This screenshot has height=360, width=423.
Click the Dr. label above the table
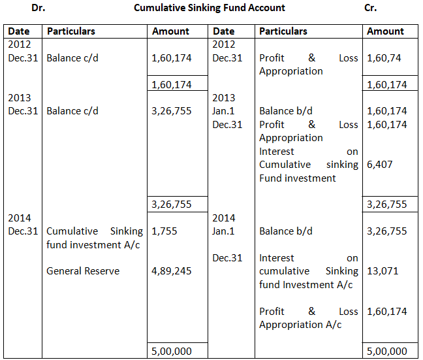pos(38,8)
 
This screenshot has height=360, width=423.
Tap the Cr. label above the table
pos(370,8)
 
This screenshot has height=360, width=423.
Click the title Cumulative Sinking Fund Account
pos(209,8)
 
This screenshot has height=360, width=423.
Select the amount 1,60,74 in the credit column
pos(384,58)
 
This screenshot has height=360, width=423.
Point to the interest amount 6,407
pos(380,165)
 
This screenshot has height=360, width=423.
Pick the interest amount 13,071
pos(383,271)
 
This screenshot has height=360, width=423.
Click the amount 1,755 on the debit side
pos(164,231)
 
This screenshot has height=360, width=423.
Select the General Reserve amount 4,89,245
pos(171,271)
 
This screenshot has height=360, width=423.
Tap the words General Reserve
pos(83,271)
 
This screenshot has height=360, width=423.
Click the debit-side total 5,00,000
pos(171,352)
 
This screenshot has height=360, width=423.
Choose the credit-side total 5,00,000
pos(387,352)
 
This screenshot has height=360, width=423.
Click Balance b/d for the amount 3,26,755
pos(285,231)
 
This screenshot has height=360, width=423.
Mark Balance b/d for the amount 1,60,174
pos(285,111)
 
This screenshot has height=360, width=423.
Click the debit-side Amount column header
pos(170,31)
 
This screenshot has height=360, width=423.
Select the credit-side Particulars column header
pos(283,31)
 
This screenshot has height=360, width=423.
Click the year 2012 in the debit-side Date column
pos(19,44)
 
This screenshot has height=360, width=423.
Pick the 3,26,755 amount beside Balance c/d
pos(171,111)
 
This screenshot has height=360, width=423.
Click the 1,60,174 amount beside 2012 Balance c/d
pos(171,58)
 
